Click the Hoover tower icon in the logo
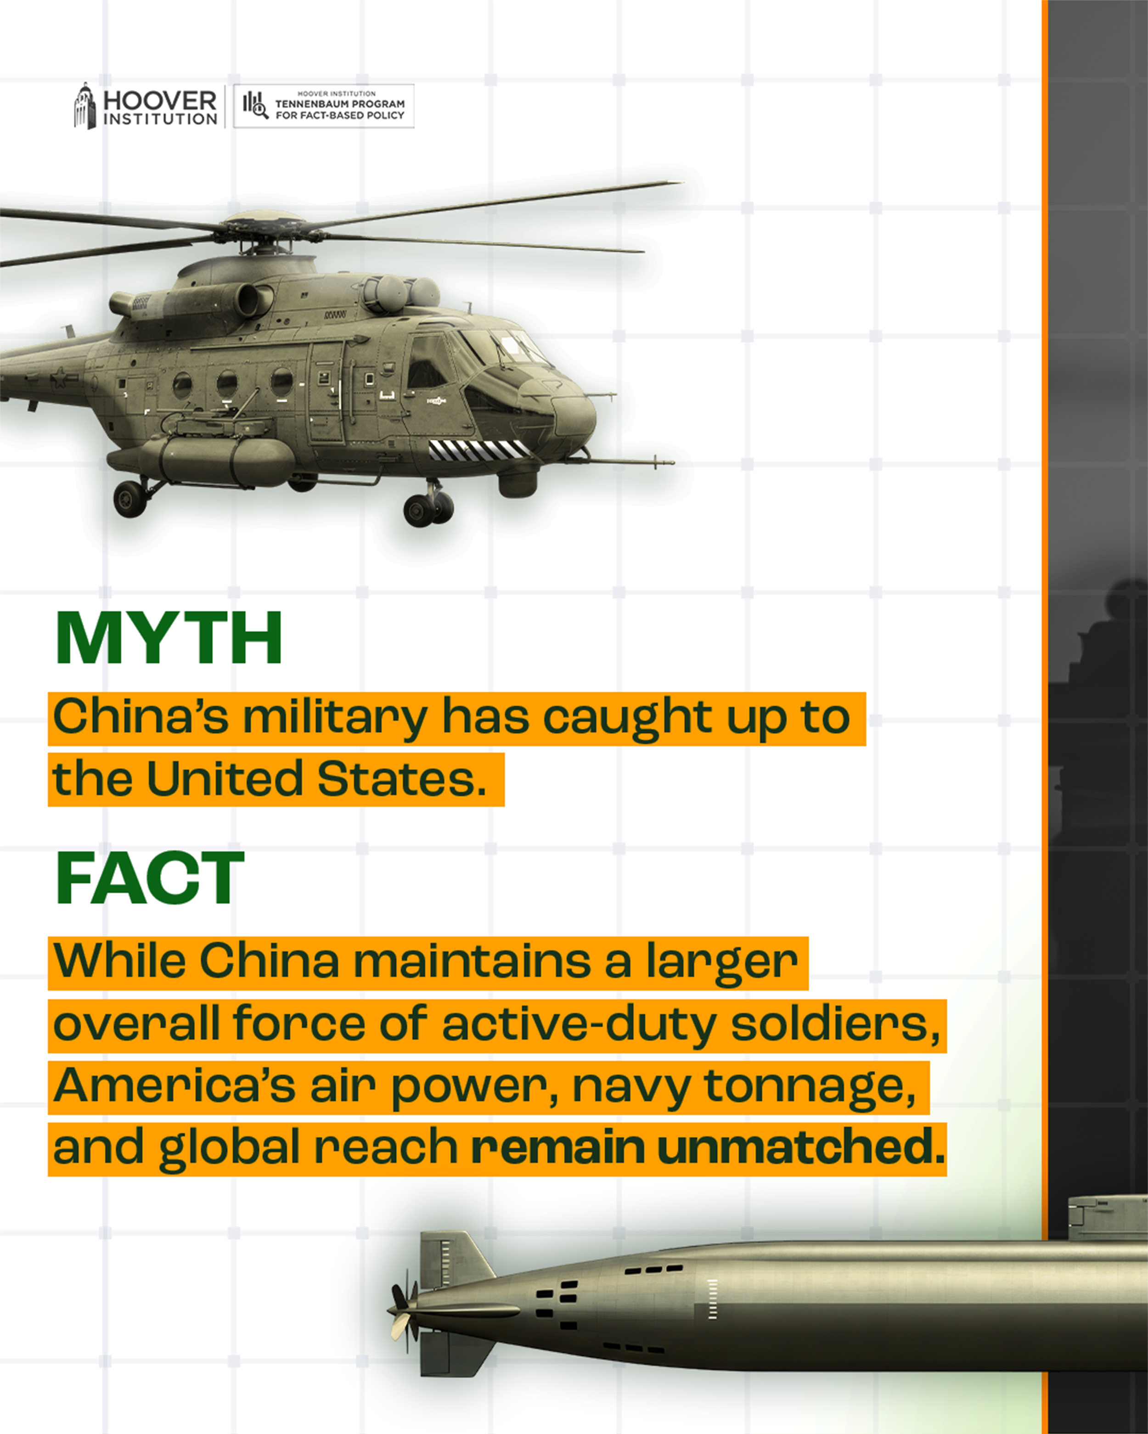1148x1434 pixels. [84, 107]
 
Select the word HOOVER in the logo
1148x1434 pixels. [160, 101]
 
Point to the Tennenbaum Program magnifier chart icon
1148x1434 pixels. [255, 105]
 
